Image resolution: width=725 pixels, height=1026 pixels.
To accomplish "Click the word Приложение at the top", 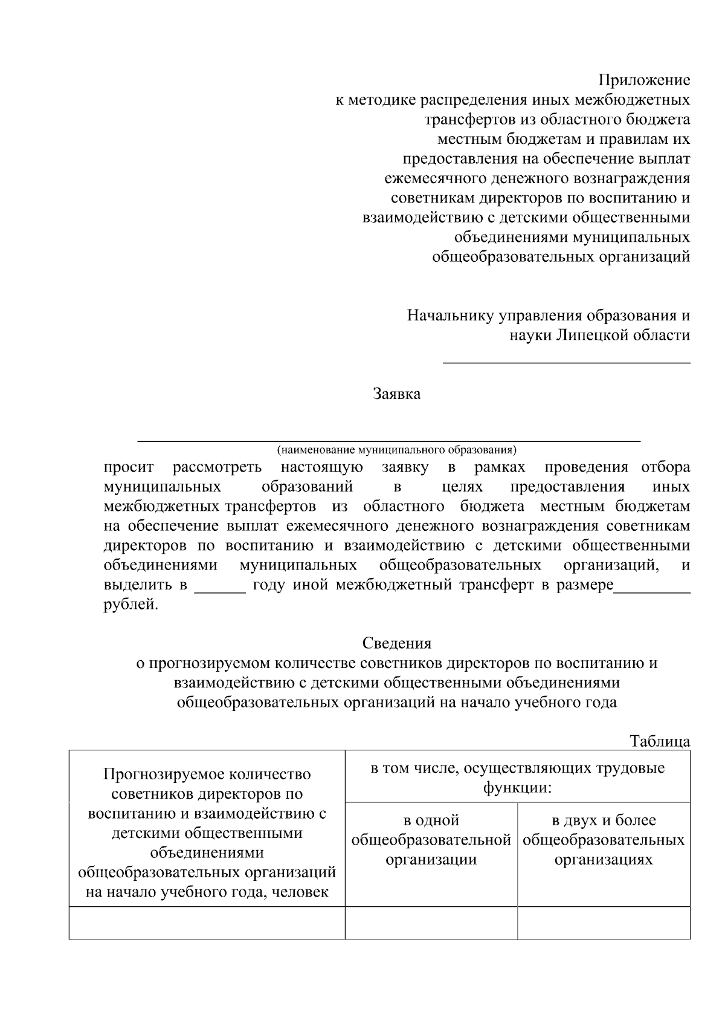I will (x=644, y=80).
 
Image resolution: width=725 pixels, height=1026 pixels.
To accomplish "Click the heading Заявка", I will (x=396, y=394).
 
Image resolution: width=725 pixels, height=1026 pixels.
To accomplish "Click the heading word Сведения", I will (x=397, y=643).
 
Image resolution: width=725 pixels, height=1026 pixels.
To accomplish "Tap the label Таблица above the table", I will (x=660, y=741).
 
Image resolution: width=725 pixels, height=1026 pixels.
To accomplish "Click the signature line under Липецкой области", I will (x=567, y=362).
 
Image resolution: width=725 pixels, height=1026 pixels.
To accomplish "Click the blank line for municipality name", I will (x=389, y=440).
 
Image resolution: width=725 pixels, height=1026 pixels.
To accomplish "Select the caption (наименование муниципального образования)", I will (x=397, y=450).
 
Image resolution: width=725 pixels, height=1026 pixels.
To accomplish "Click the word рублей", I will (x=130, y=605).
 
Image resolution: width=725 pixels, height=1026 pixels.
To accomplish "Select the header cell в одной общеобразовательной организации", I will (x=431, y=840).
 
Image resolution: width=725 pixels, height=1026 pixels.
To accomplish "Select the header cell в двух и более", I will (x=604, y=840).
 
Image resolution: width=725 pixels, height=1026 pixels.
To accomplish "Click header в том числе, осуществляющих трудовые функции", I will (x=517, y=778).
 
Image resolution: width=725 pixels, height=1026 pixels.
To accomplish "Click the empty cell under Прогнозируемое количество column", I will (x=207, y=923).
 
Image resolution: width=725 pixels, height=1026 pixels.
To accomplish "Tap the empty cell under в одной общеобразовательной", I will (x=431, y=923).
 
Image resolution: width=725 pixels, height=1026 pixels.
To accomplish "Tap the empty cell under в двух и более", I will (x=604, y=923).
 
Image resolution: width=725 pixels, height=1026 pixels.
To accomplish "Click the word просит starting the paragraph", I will (x=129, y=467).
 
